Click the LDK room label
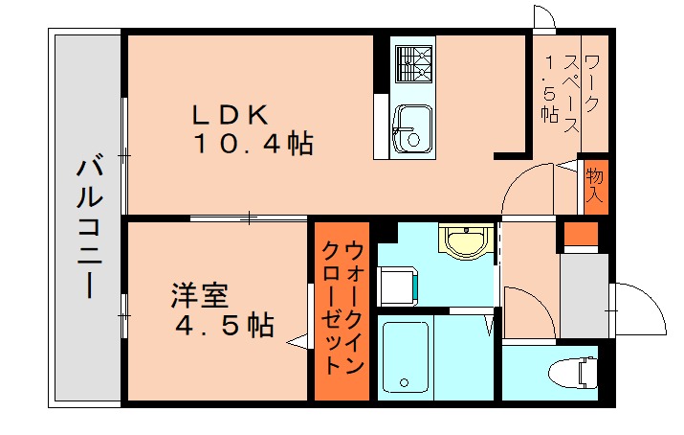(x=229, y=114)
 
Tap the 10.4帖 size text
(x=254, y=145)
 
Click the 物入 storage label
(x=594, y=184)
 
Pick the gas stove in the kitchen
(x=412, y=61)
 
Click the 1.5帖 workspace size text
(x=548, y=91)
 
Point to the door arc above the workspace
(x=544, y=19)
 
